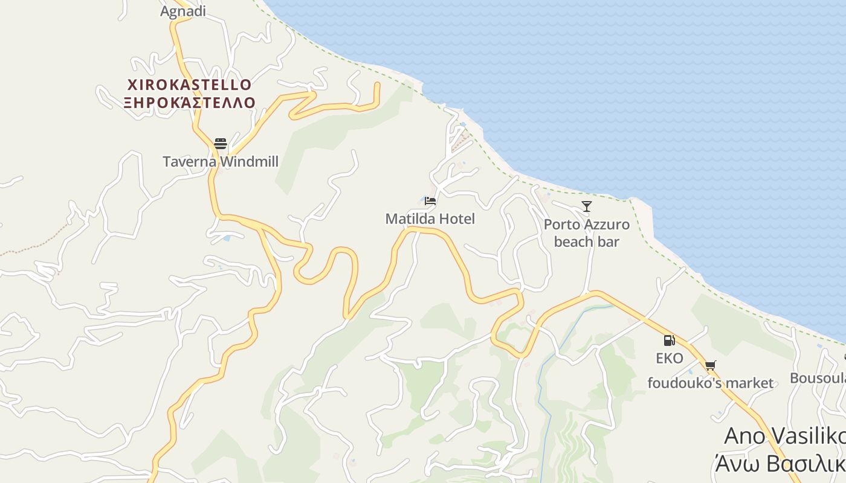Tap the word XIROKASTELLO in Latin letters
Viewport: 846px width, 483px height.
190,84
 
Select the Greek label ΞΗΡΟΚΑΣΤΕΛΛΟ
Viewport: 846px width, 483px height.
190,102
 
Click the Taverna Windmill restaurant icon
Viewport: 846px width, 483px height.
221,144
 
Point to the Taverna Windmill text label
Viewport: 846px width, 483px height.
221,162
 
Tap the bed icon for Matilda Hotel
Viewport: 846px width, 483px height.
430,200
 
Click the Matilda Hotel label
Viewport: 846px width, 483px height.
430,219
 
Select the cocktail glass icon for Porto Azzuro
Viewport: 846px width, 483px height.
586,206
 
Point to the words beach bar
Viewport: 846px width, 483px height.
587,241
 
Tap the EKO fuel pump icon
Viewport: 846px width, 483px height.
669,341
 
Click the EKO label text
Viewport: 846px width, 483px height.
670,359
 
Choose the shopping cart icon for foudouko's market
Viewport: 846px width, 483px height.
710,365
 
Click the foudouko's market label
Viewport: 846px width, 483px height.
710,383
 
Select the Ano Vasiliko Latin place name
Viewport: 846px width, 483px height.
784,436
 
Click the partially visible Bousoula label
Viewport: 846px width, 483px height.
818,378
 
